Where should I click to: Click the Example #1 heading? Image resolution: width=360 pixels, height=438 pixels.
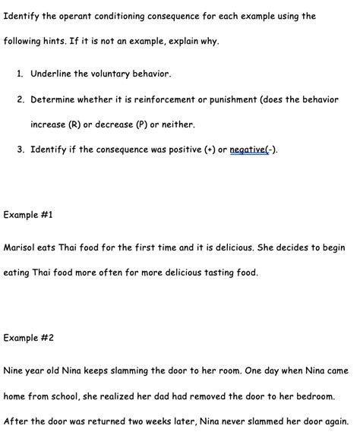[28, 215]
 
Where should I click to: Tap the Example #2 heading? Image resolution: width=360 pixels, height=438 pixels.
[29, 338]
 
